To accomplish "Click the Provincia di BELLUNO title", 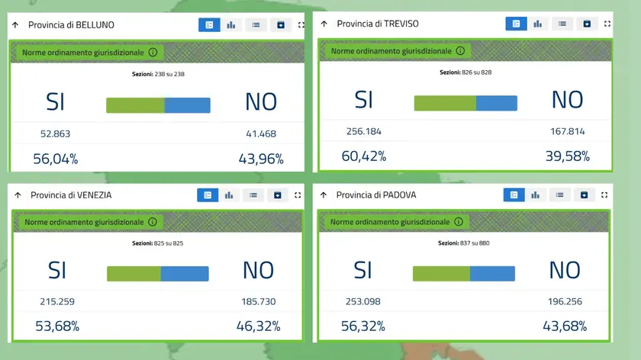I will pos(71,25).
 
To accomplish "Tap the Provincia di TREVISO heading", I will pos(377,24).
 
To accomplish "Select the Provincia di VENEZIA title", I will pos(71,195).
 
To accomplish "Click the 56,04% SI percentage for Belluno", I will pos(55,159).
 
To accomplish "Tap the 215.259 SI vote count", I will pos(57,301).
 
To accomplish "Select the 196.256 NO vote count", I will pos(565,301).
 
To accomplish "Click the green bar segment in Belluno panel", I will pos(135,105).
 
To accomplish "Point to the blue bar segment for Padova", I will pos(492,273).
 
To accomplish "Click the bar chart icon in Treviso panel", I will pos(537,24).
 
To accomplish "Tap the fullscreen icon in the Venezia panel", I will pos(298,195).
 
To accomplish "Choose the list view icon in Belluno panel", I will pos(256,25).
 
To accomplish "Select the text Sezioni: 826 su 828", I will pos(465,72).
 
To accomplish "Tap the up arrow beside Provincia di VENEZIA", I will pos(18,195).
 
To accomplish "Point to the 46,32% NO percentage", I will pos(258,326).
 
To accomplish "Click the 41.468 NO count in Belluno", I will pos(260,133).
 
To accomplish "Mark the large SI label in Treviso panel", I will pos(363,99).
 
